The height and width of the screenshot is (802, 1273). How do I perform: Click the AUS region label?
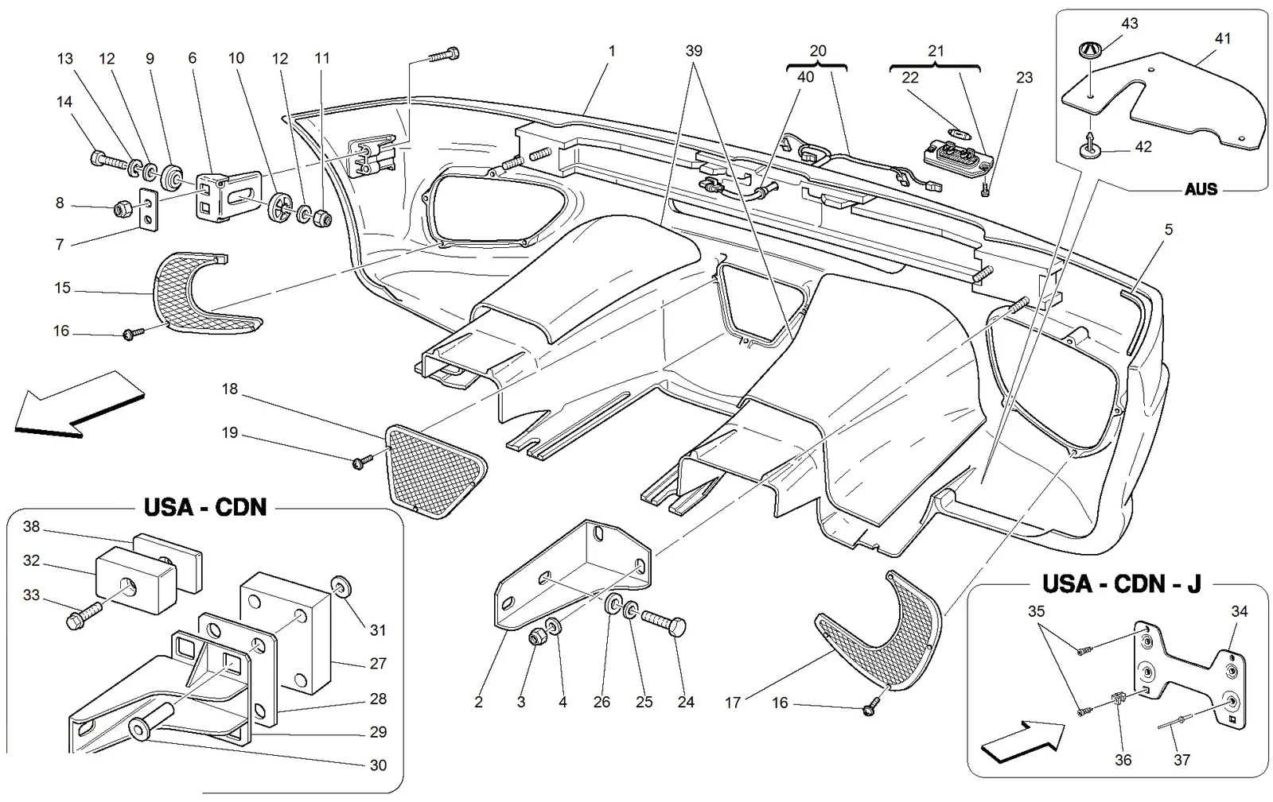1201,189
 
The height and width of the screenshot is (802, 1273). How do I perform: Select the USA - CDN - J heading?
1121,584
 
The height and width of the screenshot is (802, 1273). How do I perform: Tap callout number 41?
1222,38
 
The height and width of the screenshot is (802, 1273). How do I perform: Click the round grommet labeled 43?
1091,48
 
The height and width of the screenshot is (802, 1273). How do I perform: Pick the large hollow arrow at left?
80,404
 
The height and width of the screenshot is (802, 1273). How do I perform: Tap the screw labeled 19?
362,462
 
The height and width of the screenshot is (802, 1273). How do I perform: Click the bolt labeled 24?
664,622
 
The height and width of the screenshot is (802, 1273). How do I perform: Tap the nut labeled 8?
122,210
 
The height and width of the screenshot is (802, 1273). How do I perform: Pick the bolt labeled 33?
84,614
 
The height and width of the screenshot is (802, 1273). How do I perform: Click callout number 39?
694,51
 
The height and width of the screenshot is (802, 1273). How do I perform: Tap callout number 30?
378,765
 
